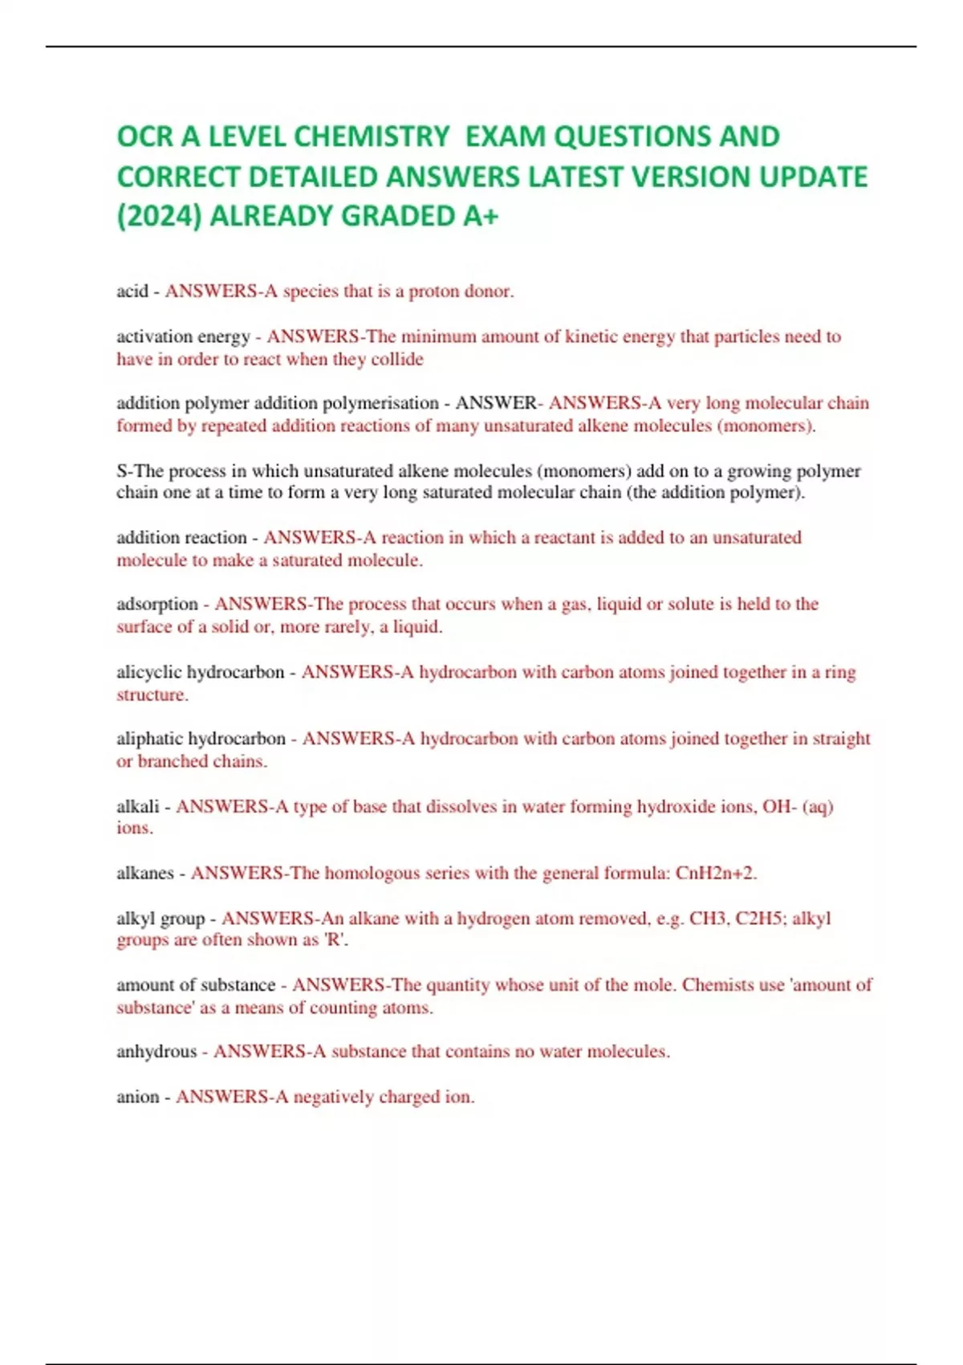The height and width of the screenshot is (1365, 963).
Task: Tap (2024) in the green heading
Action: point(159,216)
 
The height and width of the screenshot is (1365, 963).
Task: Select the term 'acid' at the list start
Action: point(132,291)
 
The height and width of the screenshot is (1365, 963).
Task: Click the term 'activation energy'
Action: point(183,336)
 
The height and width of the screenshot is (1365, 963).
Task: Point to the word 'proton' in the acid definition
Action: point(432,291)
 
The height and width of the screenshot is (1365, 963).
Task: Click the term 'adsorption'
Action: point(157,604)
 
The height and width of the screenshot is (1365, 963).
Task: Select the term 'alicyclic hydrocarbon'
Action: point(200,672)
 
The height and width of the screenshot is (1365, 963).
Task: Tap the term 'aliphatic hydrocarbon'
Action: point(201,739)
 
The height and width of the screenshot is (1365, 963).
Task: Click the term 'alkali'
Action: point(138,806)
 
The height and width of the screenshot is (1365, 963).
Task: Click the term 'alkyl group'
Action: point(160,919)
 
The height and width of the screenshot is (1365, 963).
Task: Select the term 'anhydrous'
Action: point(156,1052)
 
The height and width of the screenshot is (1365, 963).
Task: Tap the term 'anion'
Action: point(138,1097)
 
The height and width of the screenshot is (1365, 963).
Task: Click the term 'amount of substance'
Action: point(196,985)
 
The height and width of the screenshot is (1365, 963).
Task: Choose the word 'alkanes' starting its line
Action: point(145,874)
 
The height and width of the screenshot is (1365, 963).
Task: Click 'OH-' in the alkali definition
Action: point(778,806)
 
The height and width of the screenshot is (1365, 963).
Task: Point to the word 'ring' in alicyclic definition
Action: point(840,672)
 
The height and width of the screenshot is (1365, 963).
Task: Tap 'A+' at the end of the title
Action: point(480,216)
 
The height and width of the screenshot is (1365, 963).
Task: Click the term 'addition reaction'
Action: point(181,537)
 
